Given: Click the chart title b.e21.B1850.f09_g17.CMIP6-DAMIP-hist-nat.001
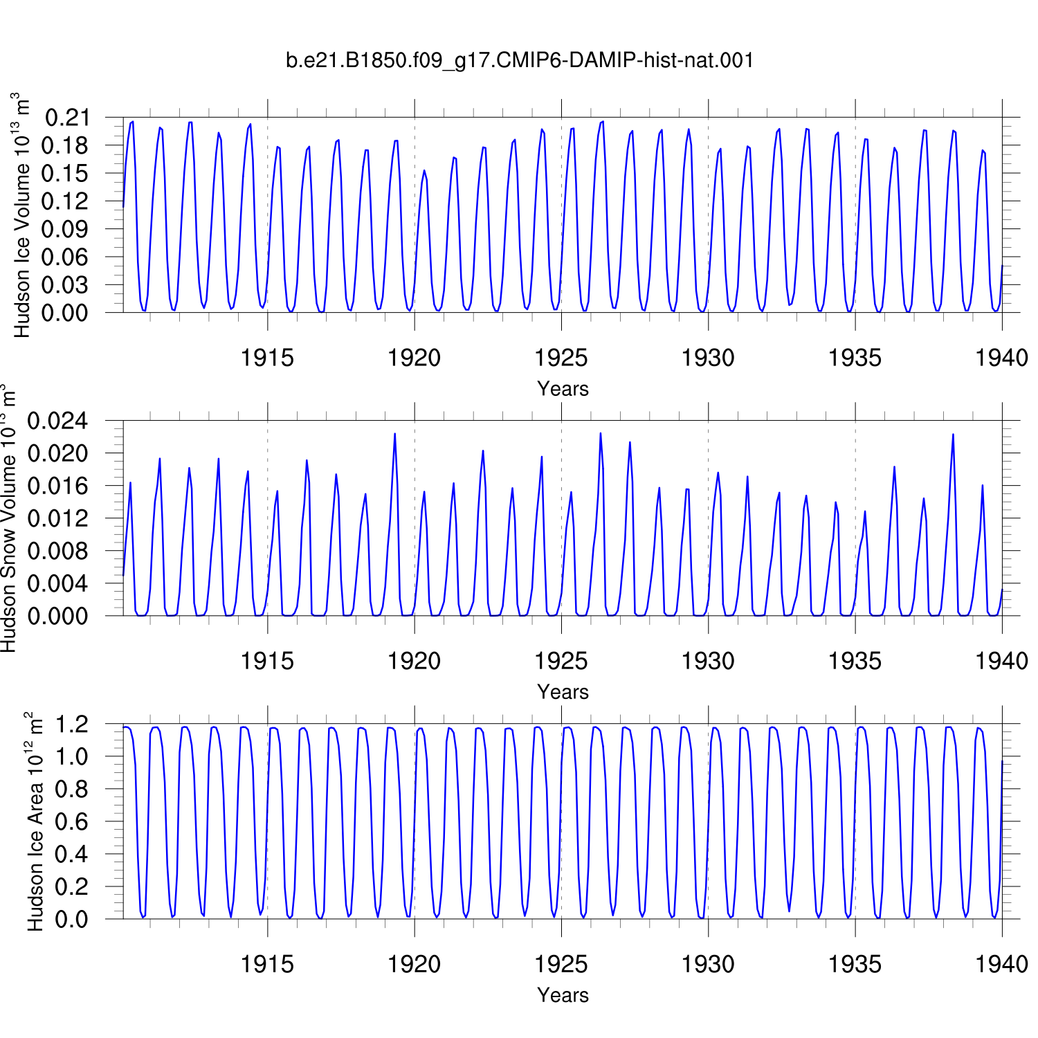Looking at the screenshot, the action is click(520, 60).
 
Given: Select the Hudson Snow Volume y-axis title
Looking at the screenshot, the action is click(8, 518).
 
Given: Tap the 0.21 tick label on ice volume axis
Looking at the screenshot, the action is click(67, 118).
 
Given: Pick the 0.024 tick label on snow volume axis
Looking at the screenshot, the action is click(58, 421).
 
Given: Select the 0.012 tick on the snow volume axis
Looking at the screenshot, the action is click(58, 518).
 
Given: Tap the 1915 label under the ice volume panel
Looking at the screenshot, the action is click(267, 358).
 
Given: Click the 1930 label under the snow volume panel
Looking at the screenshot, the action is click(708, 661).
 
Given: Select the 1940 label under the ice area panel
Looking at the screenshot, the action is click(1002, 964).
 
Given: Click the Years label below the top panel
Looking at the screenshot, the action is click(563, 389).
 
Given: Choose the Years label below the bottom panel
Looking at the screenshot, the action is click(563, 995).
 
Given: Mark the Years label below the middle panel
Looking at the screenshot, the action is click(563, 692).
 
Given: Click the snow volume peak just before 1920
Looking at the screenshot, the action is click(394, 434).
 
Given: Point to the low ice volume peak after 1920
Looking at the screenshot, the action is click(424, 171).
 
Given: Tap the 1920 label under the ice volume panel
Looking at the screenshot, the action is click(414, 358).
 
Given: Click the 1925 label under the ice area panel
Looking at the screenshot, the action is click(561, 964).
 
